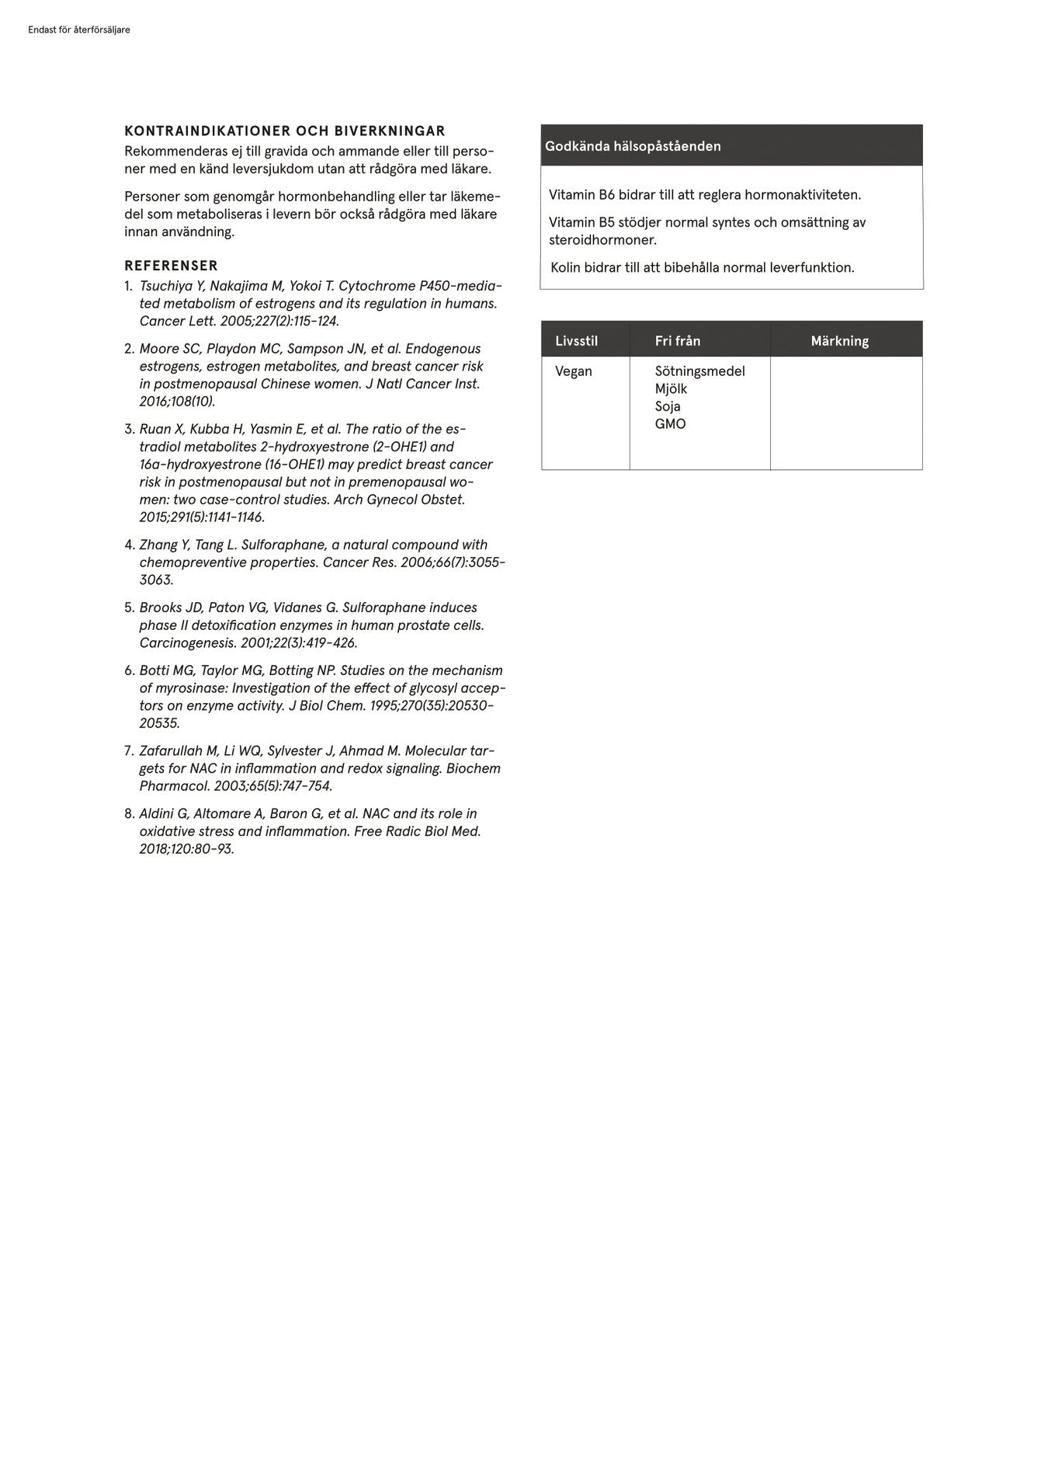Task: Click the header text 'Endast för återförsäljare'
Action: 78,30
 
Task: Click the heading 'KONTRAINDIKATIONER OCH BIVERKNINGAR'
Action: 285,131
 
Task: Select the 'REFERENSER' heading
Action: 172,266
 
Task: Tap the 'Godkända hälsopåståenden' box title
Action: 633,146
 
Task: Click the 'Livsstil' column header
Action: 576,341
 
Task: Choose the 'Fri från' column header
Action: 677,341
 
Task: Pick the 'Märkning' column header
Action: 839,341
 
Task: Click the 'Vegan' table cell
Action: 574,371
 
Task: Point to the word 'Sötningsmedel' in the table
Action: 699,371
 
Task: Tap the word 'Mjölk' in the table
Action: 671,388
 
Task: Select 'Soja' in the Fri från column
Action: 668,406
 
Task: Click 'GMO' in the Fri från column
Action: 670,424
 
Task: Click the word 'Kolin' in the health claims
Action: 565,268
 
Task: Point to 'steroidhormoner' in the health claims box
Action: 602,240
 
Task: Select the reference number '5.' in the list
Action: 130,607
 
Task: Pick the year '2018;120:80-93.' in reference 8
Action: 186,849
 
